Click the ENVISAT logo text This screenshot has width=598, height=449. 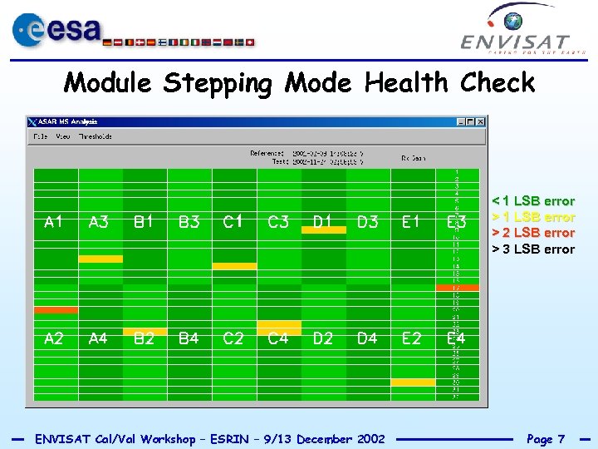[x=515, y=42]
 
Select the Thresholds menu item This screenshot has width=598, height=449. [x=96, y=136]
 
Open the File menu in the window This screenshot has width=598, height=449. [x=39, y=136]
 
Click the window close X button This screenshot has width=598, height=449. [x=480, y=122]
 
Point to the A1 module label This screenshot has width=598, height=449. [x=54, y=222]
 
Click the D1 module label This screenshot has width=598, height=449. [x=322, y=222]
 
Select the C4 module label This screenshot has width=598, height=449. [x=278, y=338]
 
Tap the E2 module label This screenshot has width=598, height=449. [x=412, y=338]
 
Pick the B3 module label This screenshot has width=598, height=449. [x=189, y=222]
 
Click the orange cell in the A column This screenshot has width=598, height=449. [x=56, y=310]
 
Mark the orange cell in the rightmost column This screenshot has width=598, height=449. [x=458, y=288]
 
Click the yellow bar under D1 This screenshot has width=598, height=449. [x=323, y=230]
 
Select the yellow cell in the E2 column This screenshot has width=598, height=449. [x=413, y=382]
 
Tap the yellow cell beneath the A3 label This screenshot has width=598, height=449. [x=100, y=259]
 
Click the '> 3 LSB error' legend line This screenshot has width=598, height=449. [x=533, y=249]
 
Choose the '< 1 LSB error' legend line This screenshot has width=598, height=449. [x=533, y=200]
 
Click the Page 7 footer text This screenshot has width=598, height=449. [x=546, y=438]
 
